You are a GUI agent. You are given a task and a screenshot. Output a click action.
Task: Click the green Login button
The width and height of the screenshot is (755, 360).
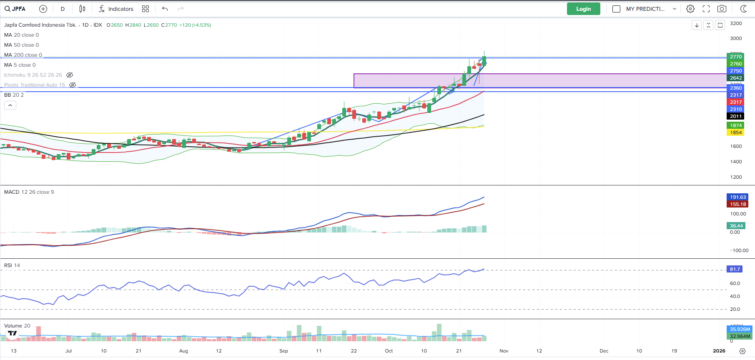pos(583,9)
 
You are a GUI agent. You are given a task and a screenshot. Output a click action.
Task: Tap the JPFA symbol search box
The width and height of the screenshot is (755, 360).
pos(15,9)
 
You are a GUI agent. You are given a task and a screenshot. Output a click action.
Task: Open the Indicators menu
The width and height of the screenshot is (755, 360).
pos(116,9)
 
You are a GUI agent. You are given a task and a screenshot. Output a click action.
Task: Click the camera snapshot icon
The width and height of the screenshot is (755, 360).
pos(722,9)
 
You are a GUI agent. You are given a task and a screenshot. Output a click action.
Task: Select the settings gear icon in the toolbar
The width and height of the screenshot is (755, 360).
pos(690,9)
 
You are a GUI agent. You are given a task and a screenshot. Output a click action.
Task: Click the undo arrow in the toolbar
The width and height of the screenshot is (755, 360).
pos(165,9)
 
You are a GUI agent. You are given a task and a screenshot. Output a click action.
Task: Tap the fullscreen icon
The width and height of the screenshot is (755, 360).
pos(706,9)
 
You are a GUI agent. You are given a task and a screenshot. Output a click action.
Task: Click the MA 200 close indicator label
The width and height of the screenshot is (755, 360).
pos(23,55)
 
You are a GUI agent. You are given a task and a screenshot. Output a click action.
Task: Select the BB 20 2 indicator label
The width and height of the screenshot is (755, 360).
pos(14,95)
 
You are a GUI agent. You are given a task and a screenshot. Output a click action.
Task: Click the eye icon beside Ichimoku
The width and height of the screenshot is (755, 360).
pos(70,75)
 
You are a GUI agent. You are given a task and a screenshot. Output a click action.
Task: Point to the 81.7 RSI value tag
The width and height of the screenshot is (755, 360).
pos(735,269)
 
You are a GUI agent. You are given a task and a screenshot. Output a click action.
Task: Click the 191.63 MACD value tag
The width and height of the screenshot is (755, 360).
pos(737,197)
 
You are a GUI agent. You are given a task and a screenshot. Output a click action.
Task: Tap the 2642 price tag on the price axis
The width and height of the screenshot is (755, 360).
pos(735,78)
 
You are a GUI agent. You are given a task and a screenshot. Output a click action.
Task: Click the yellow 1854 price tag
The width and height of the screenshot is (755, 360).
pos(735,132)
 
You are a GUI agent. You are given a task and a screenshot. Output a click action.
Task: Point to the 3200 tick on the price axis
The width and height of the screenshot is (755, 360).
pos(736,23)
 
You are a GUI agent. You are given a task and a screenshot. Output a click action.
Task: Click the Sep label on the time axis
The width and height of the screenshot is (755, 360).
pos(283,351)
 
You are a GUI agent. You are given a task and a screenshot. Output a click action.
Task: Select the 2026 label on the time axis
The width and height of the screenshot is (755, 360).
pos(719,351)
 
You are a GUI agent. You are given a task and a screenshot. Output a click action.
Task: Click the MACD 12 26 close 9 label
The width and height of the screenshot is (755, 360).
pos(29,192)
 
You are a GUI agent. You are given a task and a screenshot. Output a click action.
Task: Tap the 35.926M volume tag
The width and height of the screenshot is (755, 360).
pos(740,329)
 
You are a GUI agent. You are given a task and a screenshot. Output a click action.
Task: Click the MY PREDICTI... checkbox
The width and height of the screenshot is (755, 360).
pos(616,9)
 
